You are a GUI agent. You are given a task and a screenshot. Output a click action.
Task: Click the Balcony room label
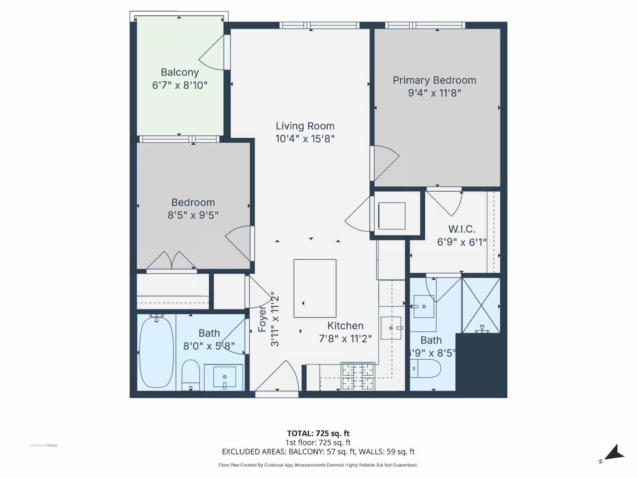[x=180, y=72]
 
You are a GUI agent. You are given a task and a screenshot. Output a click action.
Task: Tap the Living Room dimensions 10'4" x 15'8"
[x=305, y=139]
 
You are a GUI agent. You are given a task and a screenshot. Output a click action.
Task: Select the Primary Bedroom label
[x=434, y=80]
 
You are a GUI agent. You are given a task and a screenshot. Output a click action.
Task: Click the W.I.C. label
[x=462, y=229]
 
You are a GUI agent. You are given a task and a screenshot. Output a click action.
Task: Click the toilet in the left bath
[x=191, y=374]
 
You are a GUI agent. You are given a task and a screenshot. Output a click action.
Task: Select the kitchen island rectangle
[x=315, y=288]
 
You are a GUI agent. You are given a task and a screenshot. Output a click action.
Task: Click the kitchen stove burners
[x=358, y=376]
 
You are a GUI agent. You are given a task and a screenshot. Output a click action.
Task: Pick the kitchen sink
[x=391, y=328]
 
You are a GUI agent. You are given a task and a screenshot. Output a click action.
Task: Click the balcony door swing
[x=213, y=54]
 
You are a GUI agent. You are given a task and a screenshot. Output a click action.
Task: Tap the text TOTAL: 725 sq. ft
[x=318, y=433]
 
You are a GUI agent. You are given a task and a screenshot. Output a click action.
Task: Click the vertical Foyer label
[x=262, y=319]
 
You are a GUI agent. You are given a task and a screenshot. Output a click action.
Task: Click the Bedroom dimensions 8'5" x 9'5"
[x=193, y=215]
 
